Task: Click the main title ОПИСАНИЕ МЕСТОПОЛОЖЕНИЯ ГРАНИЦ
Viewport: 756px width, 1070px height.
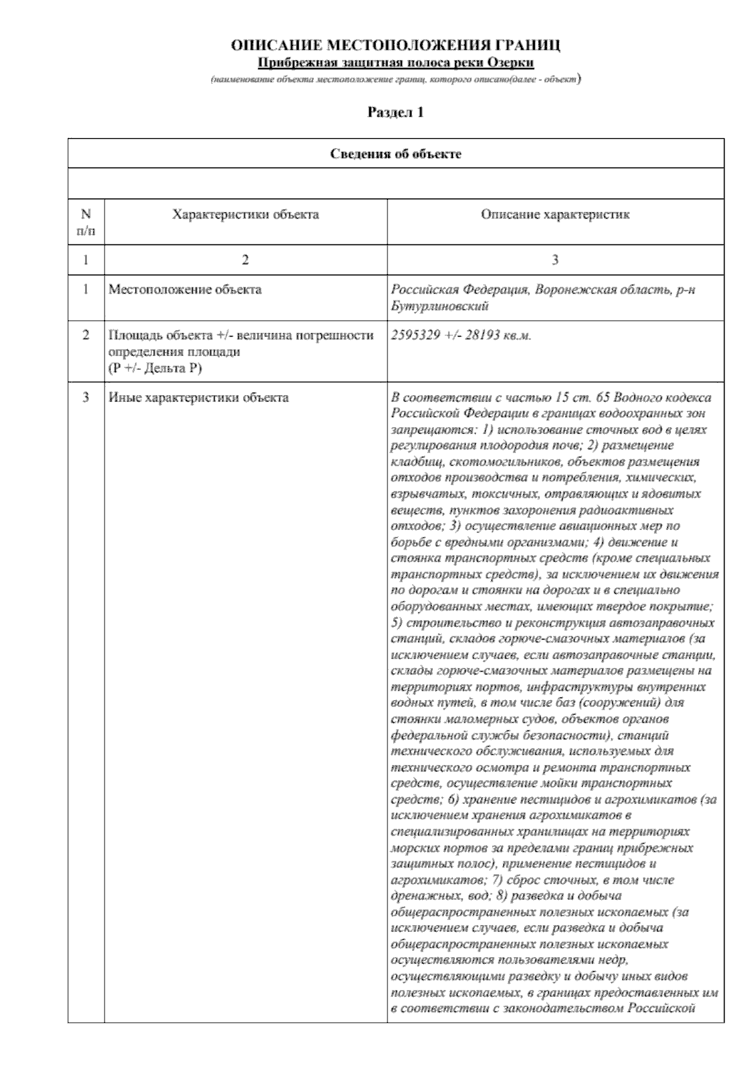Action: coord(396,46)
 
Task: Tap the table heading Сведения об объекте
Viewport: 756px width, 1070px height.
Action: coord(396,154)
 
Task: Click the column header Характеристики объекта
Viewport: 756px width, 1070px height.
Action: coord(246,215)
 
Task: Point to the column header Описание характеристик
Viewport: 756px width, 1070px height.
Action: coord(555,215)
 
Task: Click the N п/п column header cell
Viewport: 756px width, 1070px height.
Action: coord(86,222)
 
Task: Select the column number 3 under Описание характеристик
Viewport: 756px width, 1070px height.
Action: coord(555,260)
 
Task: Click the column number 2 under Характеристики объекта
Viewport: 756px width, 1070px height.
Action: coord(246,260)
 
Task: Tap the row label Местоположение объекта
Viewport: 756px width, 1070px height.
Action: coord(185,290)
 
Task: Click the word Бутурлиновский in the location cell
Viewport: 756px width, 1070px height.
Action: coord(440,306)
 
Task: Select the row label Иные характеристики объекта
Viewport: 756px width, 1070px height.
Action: coord(199,398)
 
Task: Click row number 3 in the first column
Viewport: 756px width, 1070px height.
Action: coord(86,398)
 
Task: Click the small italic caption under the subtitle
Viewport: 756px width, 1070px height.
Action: coord(396,81)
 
